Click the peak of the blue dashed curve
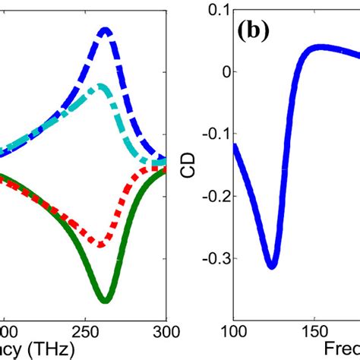(x=106, y=31)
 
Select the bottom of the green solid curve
(x=105, y=299)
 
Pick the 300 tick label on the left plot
(x=166, y=333)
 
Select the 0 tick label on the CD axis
(x=222, y=72)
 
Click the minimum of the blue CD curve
(x=271, y=266)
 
